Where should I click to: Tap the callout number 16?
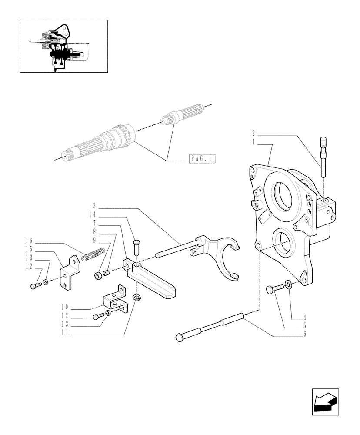click(29, 241)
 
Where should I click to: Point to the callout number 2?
click(253, 133)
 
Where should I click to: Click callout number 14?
click(92, 214)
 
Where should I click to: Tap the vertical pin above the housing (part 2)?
click(324, 157)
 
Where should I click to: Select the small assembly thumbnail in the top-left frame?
click(63, 46)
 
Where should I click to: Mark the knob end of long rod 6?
click(180, 337)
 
